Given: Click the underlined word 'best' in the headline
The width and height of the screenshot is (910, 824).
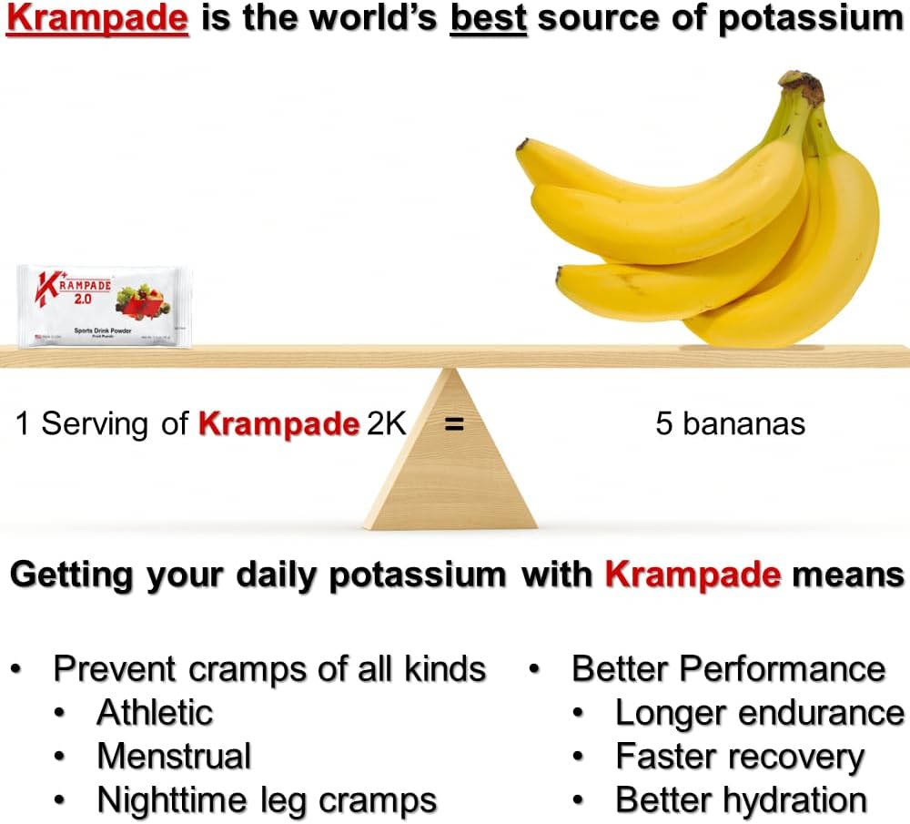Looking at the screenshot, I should [x=489, y=19].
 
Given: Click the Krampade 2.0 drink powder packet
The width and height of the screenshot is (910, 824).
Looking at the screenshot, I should [x=104, y=306].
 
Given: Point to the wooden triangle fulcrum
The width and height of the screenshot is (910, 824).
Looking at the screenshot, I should [x=450, y=464].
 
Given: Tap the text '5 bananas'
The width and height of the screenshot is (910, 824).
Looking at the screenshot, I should [x=730, y=423].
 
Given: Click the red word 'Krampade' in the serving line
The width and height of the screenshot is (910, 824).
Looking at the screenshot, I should [x=278, y=423].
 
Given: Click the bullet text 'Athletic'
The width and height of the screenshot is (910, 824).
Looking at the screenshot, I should [x=155, y=712].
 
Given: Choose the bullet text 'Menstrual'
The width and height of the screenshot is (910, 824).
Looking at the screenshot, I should [x=174, y=756].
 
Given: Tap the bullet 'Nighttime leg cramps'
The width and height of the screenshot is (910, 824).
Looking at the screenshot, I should [x=267, y=800].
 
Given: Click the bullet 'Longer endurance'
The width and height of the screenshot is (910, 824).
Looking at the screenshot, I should [x=759, y=713].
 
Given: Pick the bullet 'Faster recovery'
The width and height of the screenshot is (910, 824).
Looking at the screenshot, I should [x=739, y=757].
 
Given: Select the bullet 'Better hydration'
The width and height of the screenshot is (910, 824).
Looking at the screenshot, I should [x=741, y=800].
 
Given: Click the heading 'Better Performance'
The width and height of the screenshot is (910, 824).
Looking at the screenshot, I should [x=728, y=668].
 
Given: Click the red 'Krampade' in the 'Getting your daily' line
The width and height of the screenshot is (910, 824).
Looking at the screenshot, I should [x=693, y=575].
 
